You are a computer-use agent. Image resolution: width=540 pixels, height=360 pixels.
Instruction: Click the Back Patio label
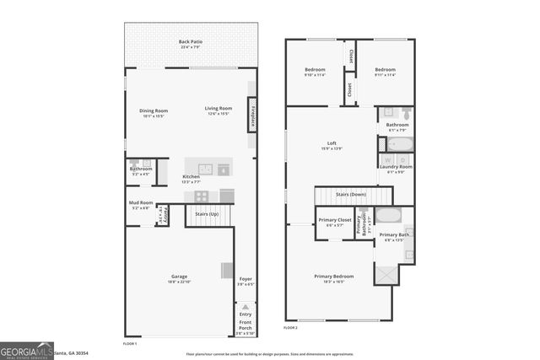pyautogui.click(x=190, y=42)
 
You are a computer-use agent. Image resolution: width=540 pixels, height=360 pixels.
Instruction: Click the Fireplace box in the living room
pyautogui.click(x=251, y=114)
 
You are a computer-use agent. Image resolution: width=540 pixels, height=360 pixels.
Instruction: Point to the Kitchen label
pyautogui.click(x=192, y=177)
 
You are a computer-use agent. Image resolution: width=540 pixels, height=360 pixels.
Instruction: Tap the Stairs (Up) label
pyautogui.click(x=208, y=214)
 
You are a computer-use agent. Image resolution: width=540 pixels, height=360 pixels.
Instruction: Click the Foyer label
pyautogui.click(x=246, y=279)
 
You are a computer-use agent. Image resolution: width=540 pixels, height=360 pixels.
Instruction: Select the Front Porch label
pyautogui.click(x=245, y=325)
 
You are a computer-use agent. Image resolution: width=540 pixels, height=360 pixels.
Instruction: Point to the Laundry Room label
pyautogui.click(x=396, y=167)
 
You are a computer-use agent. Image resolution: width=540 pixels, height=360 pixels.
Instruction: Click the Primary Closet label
pyautogui.click(x=334, y=221)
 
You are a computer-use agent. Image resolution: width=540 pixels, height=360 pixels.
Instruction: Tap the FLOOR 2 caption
pyautogui.click(x=290, y=327)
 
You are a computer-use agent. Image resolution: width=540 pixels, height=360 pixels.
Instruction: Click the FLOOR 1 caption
pyautogui.click(x=130, y=344)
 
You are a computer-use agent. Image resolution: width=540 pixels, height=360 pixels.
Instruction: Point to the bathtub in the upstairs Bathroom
pyautogui.click(x=395, y=143)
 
